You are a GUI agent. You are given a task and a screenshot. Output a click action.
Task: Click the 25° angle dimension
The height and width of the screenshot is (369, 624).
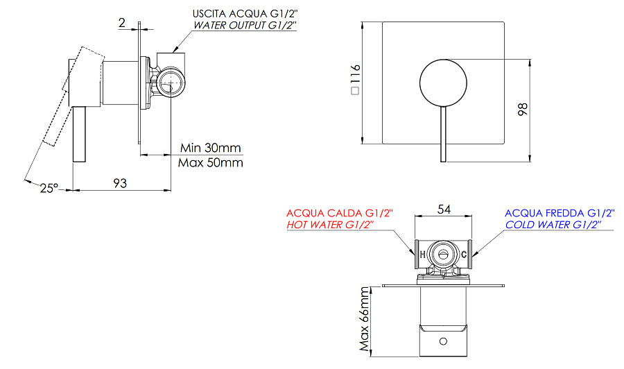pyautogui.click(x=48, y=188)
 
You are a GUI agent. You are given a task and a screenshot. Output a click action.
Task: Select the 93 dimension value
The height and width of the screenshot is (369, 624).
pyautogui.click(x=120, y=183)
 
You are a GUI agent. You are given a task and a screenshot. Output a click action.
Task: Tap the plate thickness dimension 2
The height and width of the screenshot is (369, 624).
pyautogui.click(x=122, y=23)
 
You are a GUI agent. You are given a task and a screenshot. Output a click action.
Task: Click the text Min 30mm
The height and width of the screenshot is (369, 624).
pyautogui.click(x=210, y=148)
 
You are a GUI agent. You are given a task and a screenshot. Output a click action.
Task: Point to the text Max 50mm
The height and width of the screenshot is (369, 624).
pyautogui.click(x=211, y=163)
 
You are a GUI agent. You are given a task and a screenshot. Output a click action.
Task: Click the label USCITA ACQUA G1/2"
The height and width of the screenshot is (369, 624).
pyautogui.click(x=244, y=13)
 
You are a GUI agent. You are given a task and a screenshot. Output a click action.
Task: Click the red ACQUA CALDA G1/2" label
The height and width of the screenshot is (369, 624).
pyautogui.click(x=340, y=213)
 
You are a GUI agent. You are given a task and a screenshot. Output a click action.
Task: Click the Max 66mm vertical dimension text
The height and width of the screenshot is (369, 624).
pyautogui.click(x=365, y=320)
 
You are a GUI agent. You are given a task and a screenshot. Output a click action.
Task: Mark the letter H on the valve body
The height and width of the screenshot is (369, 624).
pyautogui.click(x=422, y=254)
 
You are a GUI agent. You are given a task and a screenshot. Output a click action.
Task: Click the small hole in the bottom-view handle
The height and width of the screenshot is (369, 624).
pyautogui.click(x=442, y=341)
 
